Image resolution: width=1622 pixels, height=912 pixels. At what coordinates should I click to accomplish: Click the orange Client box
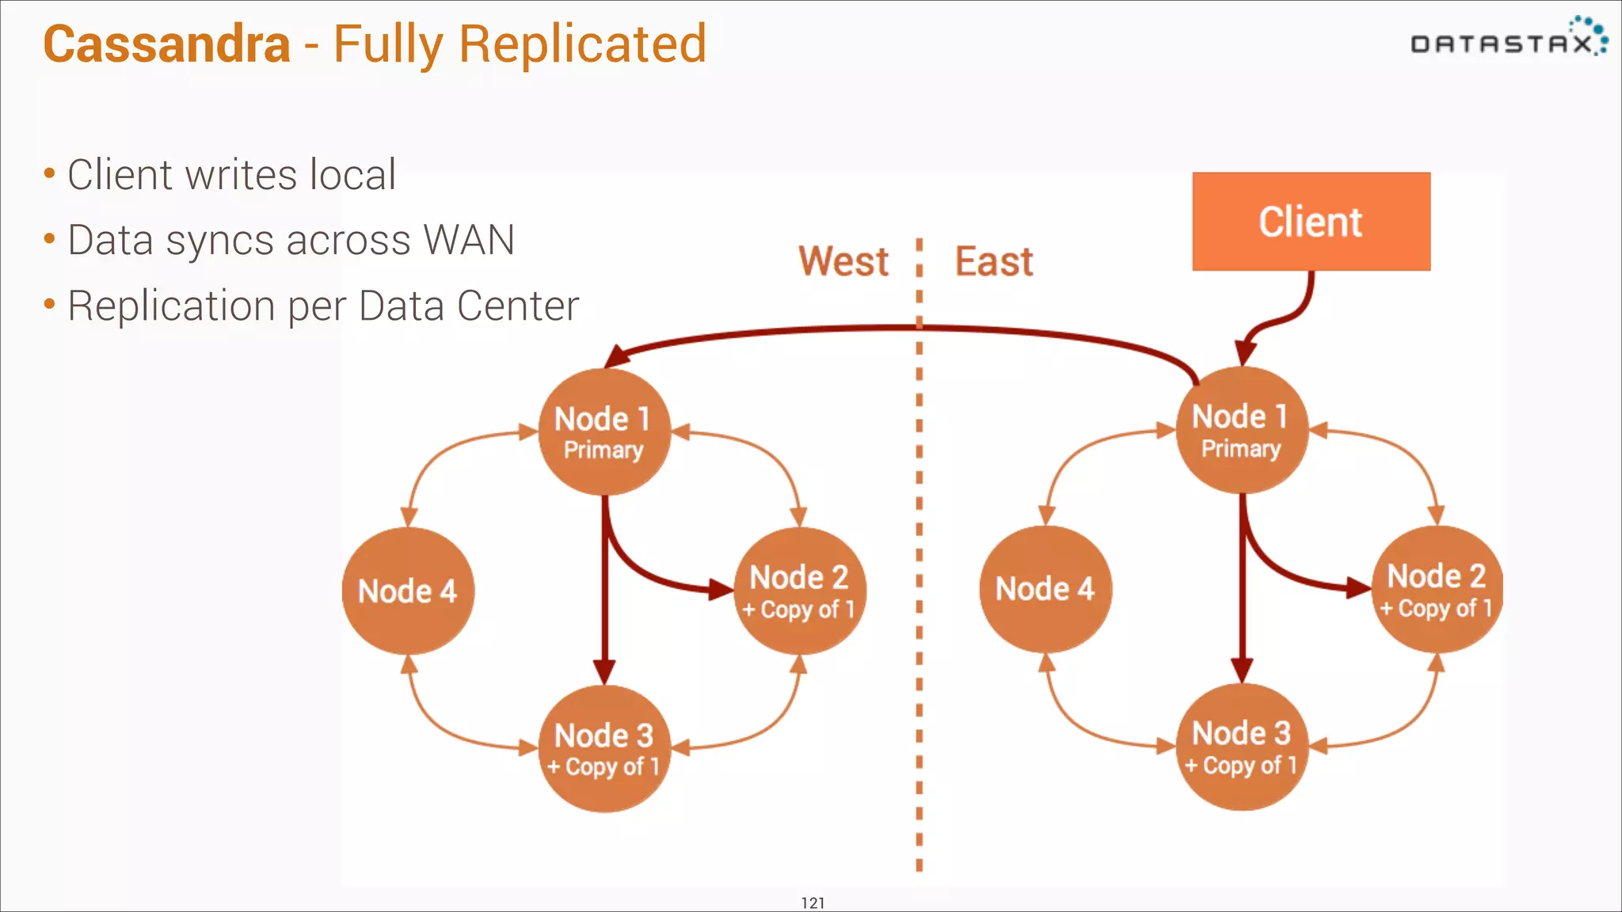click(1311, 222)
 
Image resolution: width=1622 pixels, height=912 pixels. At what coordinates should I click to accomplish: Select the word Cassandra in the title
click(166, 44)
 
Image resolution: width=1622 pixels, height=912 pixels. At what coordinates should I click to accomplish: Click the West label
click(843, 261)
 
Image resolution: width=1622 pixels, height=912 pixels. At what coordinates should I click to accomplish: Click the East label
click(993, 261)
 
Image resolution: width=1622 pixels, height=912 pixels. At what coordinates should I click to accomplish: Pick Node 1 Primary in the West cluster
click(603, 431)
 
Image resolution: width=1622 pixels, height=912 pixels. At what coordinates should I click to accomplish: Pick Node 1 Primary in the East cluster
click(1241, 430)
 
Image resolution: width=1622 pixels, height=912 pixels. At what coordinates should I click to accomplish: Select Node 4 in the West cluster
click(407, 591)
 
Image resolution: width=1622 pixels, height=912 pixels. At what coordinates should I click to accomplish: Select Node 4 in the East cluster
click(1045, 589)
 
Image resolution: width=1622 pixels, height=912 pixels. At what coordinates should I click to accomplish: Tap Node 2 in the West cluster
click(799, 591)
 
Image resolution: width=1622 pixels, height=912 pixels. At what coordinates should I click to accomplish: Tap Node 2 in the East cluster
click(1436, 589)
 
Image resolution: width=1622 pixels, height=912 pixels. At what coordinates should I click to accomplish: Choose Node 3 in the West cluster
click(603, 748)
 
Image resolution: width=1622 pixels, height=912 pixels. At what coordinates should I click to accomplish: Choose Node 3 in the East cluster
click(1241, 747)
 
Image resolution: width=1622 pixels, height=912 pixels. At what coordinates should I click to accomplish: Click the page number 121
click(813, 902)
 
